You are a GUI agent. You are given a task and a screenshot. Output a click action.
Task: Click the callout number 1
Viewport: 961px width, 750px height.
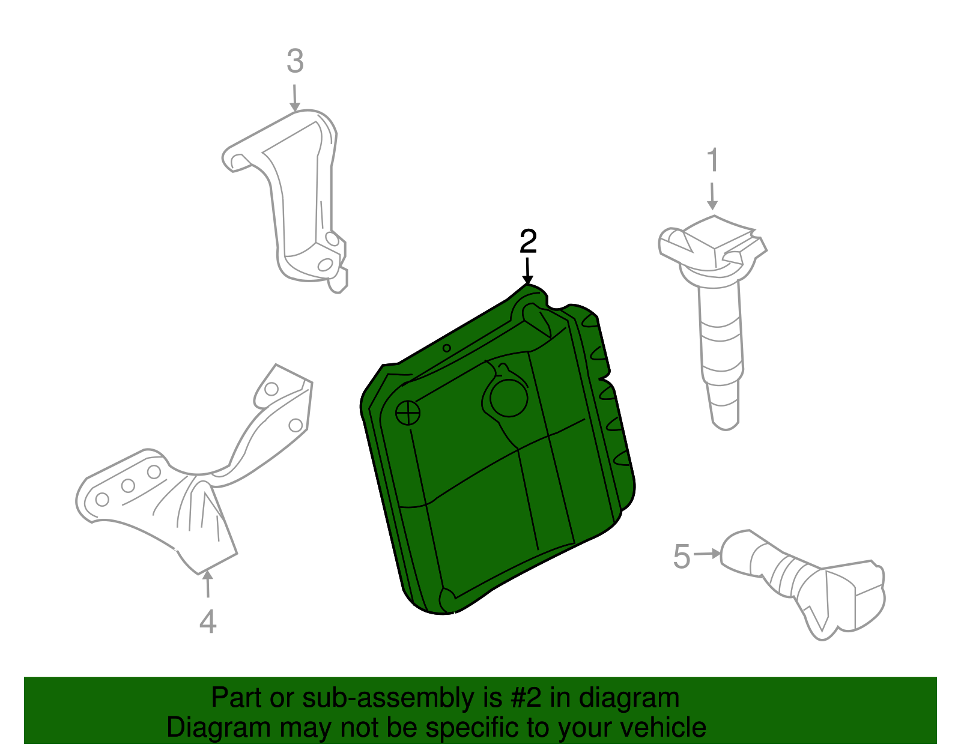tap(712, 161)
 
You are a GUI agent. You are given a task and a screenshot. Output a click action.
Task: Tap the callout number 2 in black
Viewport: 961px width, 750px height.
tap(528, 241)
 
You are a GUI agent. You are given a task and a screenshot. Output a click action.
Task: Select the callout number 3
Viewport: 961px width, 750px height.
tap(295, 61)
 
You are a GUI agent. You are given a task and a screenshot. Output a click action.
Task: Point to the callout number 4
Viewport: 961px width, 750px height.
tap(208, 621)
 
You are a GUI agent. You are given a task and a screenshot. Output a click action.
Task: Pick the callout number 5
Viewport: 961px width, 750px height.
tap(682, 556)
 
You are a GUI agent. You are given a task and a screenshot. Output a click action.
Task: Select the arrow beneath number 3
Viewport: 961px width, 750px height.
tap(294, 98)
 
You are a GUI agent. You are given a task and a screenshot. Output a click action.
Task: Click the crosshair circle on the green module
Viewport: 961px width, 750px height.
tap(408, 413)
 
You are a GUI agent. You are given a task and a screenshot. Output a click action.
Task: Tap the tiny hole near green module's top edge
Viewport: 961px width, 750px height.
tap(447, 348)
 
